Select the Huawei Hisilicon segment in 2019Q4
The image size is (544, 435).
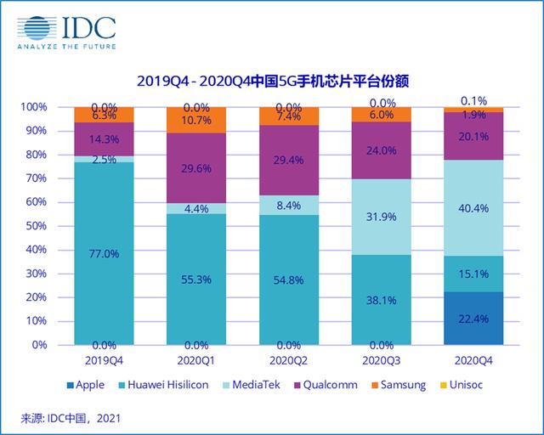tap(104, 253)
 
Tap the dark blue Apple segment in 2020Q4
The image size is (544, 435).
tap(473, 318)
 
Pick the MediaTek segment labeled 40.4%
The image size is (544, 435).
tap(473, 207)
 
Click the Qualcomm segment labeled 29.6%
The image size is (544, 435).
tap(196, 168)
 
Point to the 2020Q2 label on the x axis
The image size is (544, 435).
tap(288, 360)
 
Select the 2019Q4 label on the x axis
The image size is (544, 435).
tap(104, 360)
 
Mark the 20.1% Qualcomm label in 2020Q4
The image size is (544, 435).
tap(473, 137)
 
